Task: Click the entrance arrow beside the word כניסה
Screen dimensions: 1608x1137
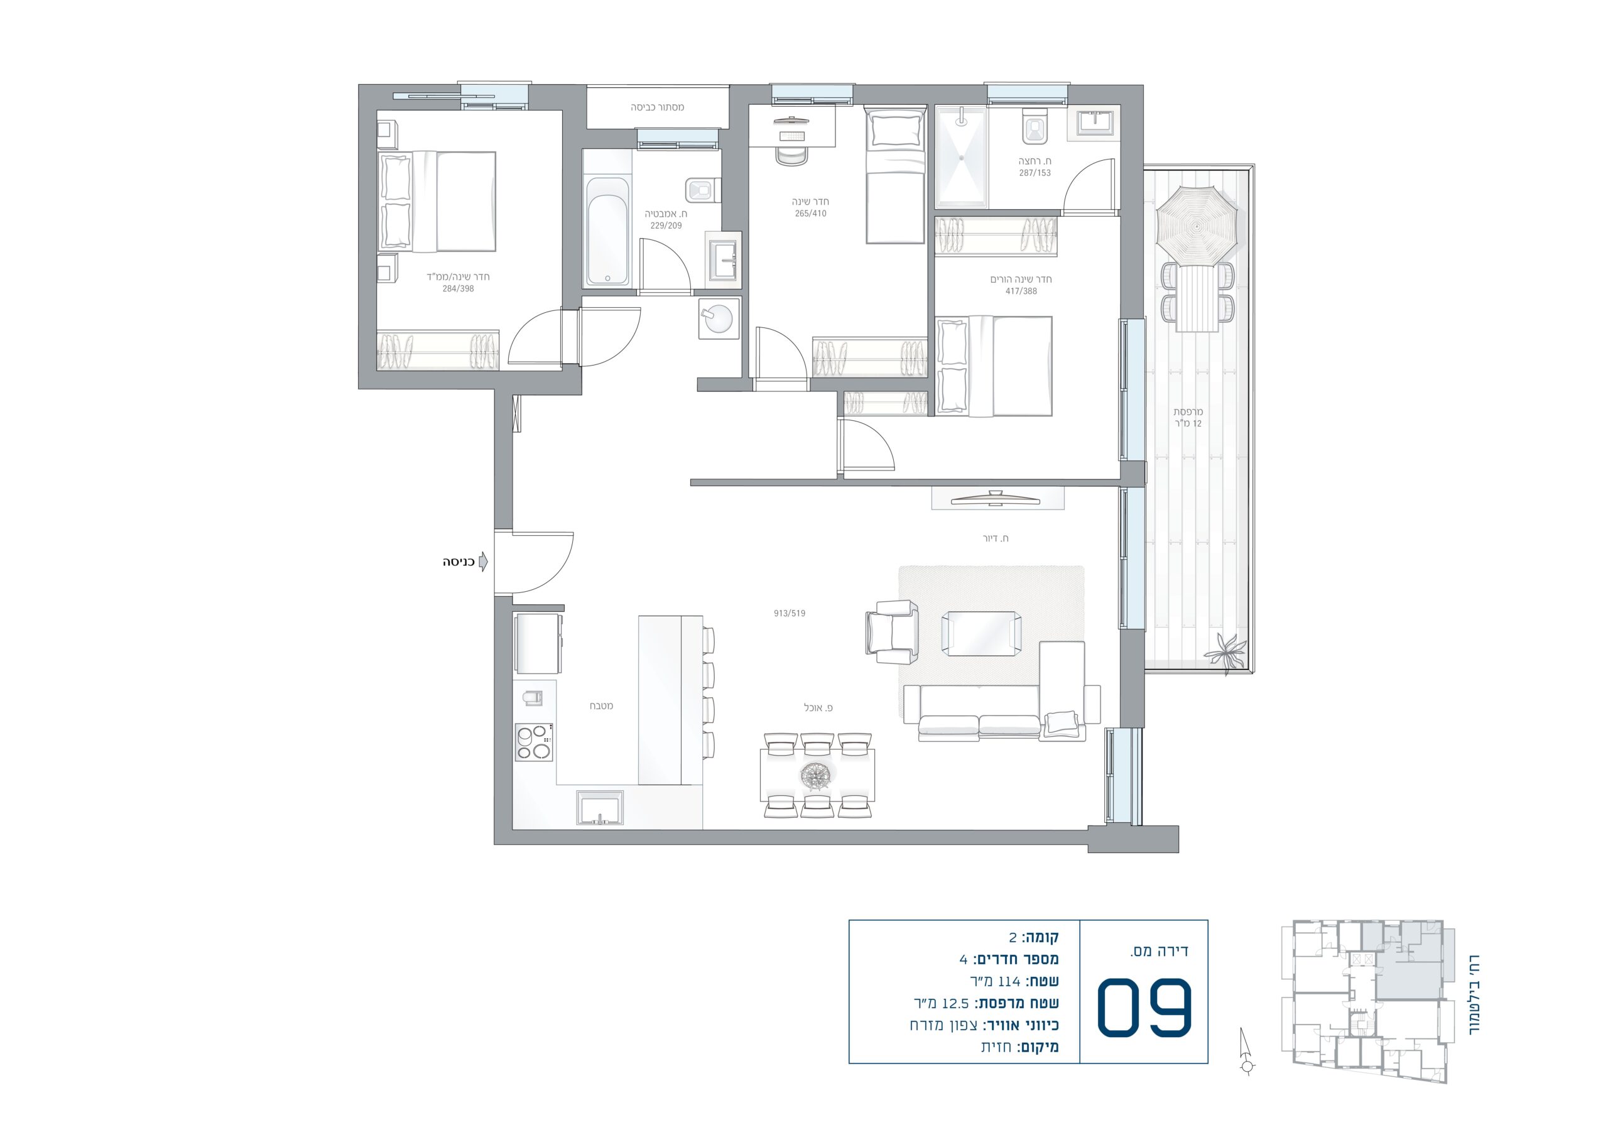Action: pos(482,562)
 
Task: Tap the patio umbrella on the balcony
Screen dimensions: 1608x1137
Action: pos(1197,226)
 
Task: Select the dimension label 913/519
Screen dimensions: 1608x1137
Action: pos(790,613)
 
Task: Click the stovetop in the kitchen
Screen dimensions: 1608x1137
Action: pos(534,742)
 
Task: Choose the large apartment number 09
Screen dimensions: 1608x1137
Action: pos(1144,1007)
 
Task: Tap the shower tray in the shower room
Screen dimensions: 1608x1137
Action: pos(962,158)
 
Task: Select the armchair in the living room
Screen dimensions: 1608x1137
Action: pos(892,632)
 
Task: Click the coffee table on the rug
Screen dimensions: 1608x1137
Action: pos(981,633)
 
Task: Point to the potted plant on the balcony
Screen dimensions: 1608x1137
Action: pos(1225,653)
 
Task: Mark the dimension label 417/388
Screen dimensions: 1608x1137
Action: pos(1021,291)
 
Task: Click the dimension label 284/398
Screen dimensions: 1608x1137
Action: pos(458,288)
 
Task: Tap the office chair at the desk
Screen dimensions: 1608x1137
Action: pos(791,154)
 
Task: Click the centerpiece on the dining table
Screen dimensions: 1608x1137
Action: pos(817,775)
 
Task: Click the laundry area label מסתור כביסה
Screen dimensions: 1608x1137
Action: pos(657,107)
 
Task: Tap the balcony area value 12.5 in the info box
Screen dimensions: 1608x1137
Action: pos(955,1003)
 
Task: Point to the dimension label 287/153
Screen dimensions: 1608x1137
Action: pos(1035,173)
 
